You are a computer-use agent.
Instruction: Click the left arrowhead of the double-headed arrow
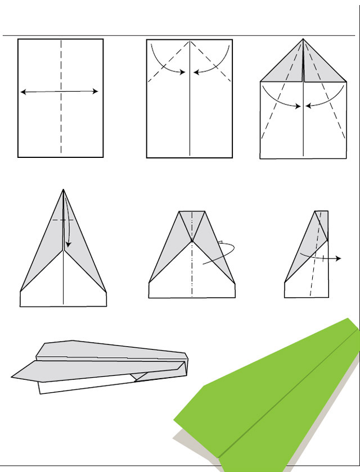pyautogui.click(x=22, y=92)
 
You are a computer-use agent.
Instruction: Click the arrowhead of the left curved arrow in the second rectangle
pyautogui.click(x=184, y=72)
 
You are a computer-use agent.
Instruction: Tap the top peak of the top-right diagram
pyautogui.click(x=303, y=39)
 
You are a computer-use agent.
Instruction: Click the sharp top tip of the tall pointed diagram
pyautogui.click(x=64, y=190)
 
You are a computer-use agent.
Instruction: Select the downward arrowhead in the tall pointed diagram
pyautogui.click(x=67, y=245)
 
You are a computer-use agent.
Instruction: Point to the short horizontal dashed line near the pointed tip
pyautogui.click(x=62, y=219)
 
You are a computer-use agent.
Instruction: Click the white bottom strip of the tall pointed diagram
pyautogui.click(x=63, y=299)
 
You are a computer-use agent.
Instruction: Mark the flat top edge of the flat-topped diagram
pyautogui.click(x=192, y=212)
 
